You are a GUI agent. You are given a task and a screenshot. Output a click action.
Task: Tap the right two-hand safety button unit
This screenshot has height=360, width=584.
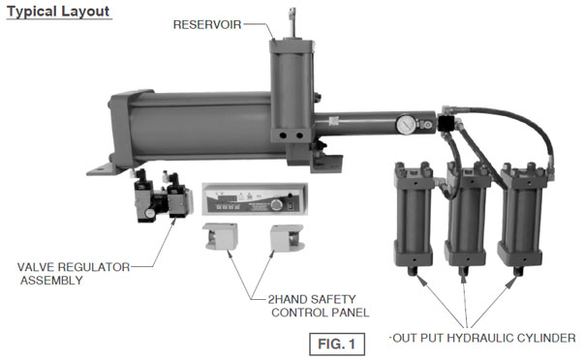pos(285,239)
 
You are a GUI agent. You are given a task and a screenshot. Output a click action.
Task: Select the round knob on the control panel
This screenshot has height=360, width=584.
pos(282,204)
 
